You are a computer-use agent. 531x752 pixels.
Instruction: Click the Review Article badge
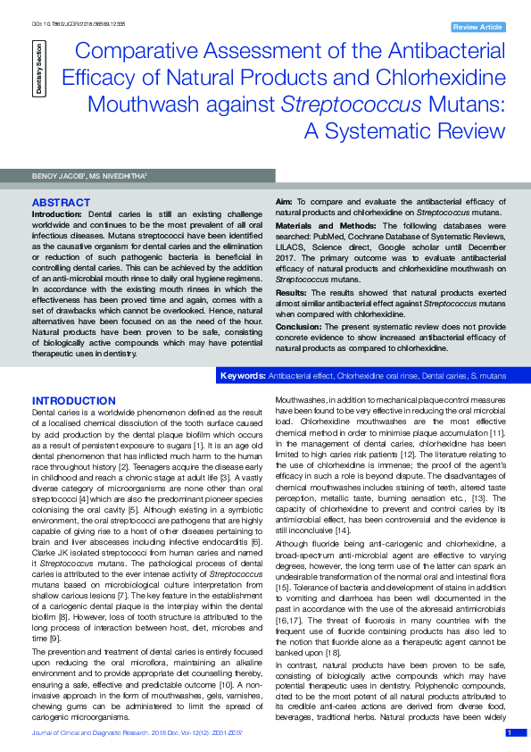click(x=478, y=28)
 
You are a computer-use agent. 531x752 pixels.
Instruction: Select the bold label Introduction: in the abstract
click(x=58, y=215)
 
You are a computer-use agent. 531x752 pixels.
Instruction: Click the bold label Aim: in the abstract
click(x=285, y=203)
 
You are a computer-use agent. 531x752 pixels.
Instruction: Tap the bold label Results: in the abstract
click(x=293, y=292)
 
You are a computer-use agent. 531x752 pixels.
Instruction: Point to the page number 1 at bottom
click(x=510, y=732)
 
